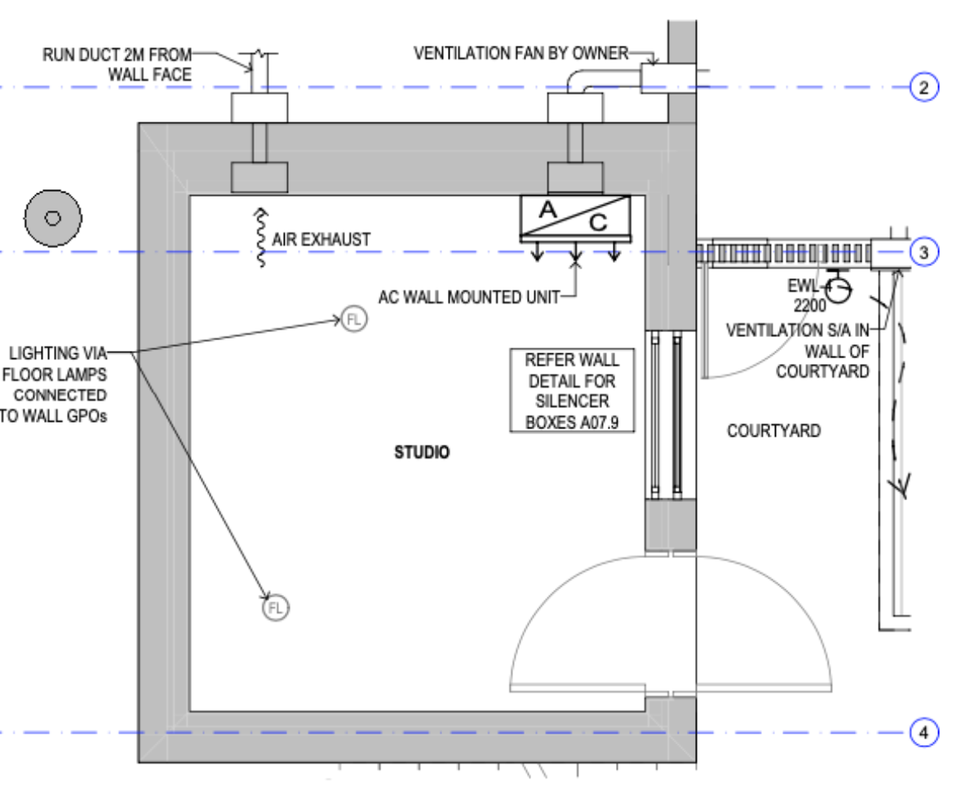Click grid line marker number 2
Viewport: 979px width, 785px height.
pyautogui.click(x=924, y=87)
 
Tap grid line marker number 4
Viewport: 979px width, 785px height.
pyautogui.click(x=924, y=733)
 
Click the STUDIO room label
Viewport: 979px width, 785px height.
pyautogui.click(x=422, y=452)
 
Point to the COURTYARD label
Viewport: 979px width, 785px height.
pyautogui.click(x=773, y=431)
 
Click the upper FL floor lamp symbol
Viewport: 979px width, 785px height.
pyautogui.click(x=353, y=319)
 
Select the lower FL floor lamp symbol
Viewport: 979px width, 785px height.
pyautogui.click(x=276, y=608)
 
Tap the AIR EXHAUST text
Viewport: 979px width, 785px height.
pyautogui.click(x=321, y=240)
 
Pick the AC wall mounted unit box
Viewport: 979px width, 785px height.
pyautogui.click(x=575, y=218)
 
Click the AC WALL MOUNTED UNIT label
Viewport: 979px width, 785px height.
pyautogui.click(x=469, y=296)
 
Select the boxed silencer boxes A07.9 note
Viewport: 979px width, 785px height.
pyautogui.click(x=572, y=391)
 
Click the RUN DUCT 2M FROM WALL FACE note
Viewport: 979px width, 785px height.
pyautogui.click(x=117, y=65)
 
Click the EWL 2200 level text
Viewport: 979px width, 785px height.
pyautogui.click(x=807, y=297)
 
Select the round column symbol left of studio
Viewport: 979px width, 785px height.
pyautogui.click(x=53, y=218)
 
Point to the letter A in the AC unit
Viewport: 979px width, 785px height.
pyautogui.click(x=548, y=209)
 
